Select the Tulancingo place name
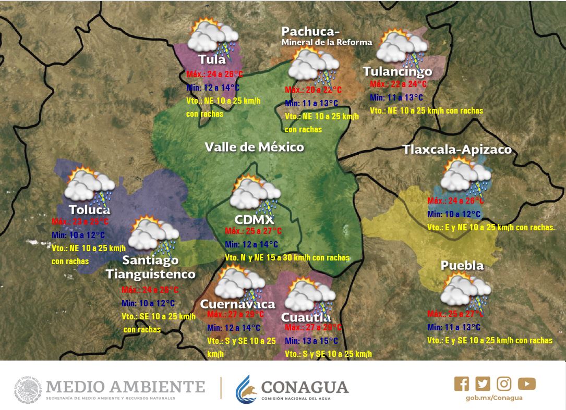(397, 71)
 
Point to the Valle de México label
(254, 147)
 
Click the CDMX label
(254, 219)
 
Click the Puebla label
(462, 265)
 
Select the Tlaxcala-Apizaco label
(457, 150)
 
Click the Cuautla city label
(306, 317)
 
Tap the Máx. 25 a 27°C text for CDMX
(253, 231)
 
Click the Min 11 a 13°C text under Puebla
(453, 327)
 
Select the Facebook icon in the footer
(461, 384)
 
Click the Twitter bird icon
(483, 384)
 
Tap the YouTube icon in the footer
(527, 384)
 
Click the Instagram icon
(504, 384)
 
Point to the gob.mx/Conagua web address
(493, 398)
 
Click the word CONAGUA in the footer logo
(304, 387)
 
